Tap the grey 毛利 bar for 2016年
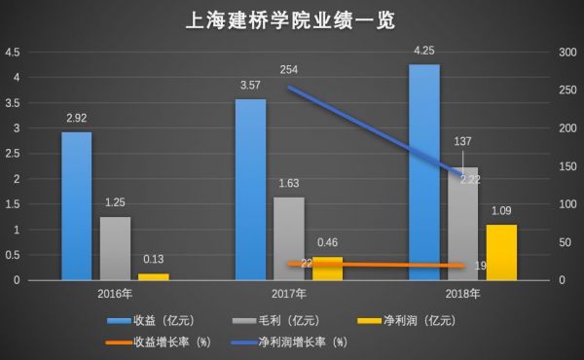click(x=115, y=248)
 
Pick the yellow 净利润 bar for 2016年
click(x=153, y=276)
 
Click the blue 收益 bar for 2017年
click(x=250, y=190)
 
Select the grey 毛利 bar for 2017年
click(x=288, y=238)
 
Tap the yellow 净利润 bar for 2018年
click(x=501, y=252)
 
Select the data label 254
click(x=288, y=70)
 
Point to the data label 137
click(x=462, y=142)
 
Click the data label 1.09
click(x=501, y=211)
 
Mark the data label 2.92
click(x=76, y=119)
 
